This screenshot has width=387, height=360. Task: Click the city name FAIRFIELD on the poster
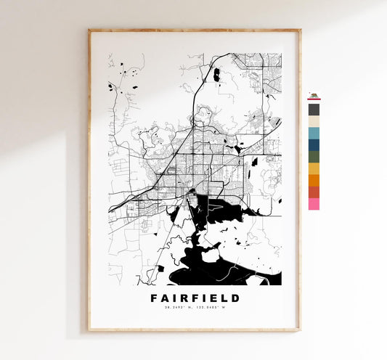click(194, 298)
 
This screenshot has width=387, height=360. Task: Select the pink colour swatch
click(314, 204)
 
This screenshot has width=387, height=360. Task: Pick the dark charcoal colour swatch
click(314, 110)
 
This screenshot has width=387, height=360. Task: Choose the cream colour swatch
click(314, 121)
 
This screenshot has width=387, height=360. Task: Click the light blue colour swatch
click(314, 133)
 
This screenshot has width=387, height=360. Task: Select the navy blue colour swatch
click(314, 144)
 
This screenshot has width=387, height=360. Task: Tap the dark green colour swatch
click(314, 156)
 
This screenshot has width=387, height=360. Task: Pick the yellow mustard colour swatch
click(314, 168)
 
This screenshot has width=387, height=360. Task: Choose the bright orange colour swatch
click(314, 180)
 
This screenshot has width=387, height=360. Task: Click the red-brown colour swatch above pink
click(314, 192)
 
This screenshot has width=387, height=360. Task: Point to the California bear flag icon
click(314, 96)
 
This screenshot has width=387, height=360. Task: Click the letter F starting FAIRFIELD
click(153, 298)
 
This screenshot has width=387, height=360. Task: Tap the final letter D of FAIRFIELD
click(235, 298)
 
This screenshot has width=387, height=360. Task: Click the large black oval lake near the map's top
click(216, 74)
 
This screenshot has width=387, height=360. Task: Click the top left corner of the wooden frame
click(89, 30)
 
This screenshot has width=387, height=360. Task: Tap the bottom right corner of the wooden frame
click(299, 330)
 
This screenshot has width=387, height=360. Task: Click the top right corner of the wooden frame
click(299, 30)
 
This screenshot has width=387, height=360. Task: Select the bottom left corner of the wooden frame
click(89, 330)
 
